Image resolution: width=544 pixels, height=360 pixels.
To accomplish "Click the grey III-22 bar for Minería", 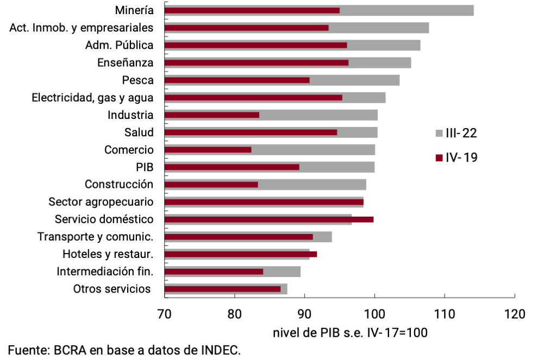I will pyautogui.click(x=408, y=10).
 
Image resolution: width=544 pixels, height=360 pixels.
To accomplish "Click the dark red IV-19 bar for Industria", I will pyautogui.click(x=212, y=115).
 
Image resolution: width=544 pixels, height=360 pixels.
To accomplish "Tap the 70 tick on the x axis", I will pyautogui.click(x=164, y=314).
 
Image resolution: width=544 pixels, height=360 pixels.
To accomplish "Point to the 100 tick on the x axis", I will pyautogui.click(x=374, y=314).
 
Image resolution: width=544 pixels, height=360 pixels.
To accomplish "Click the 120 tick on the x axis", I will pyautogui.click(x=514, y=314).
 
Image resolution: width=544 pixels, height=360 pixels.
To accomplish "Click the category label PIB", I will pyautogui.click(x=145, y=167).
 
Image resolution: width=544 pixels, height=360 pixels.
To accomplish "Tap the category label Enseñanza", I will pyautogui.click(x=125, y=62).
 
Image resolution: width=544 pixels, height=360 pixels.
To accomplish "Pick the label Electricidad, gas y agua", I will pyautogui.click(x=92, y=98).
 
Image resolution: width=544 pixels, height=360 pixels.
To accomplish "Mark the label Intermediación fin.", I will pyautogui.click(x=105, y=271).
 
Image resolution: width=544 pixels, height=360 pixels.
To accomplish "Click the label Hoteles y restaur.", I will pyautogui.click(x=108, y=254).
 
